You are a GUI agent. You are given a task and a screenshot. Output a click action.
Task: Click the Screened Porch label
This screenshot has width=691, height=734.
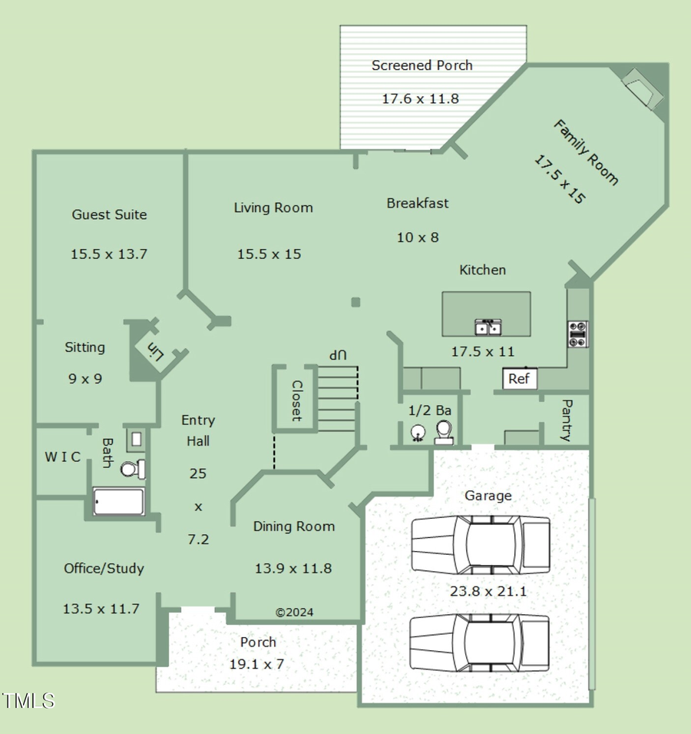[422, 65]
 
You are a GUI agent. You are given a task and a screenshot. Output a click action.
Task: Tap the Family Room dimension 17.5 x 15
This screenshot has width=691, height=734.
[560, 179]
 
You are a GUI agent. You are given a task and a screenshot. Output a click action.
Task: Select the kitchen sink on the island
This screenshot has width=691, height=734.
[488, 327]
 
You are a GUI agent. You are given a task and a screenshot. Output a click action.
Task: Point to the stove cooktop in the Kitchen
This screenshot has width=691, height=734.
[578, 334]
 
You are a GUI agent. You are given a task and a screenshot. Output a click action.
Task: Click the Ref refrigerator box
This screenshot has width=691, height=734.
[520, 379]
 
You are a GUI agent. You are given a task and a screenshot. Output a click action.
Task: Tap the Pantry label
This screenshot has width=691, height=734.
[567, 420]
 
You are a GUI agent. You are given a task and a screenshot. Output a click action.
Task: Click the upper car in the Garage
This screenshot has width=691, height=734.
[481, 544]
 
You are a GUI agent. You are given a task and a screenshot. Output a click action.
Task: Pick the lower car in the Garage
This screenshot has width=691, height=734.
[479, 643]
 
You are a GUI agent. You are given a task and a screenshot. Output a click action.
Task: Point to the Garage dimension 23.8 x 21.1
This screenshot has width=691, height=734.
[488, 592]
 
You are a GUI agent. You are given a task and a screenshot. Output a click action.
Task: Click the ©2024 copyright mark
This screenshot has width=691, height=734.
[294, 613]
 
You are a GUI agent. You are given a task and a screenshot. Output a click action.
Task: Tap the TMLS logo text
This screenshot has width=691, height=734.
[28, 700]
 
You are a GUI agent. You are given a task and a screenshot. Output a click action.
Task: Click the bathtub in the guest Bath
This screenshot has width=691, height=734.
[118, 502]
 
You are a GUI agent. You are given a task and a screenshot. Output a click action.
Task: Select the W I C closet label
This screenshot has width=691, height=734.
[62, 457]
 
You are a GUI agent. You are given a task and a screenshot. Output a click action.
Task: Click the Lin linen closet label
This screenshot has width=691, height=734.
[156, 351]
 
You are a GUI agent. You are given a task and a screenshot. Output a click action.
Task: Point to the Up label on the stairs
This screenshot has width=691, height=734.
[338, 355]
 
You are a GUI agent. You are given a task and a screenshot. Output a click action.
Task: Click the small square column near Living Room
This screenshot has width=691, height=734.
[355, 302]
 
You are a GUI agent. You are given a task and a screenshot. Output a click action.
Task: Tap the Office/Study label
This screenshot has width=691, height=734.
[104, 569]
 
